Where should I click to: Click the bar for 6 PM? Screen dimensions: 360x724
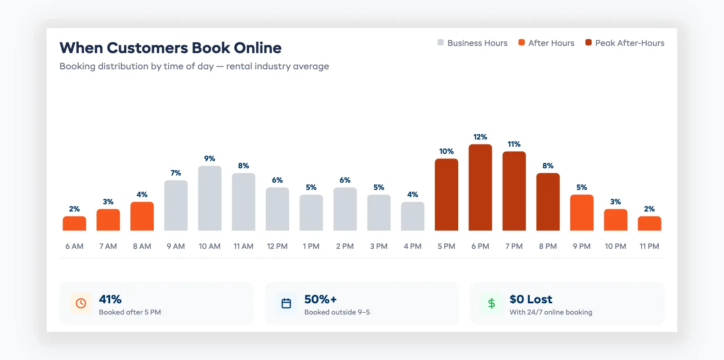click(x=480, y=188)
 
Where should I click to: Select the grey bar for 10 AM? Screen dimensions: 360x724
click(x=210, y=198)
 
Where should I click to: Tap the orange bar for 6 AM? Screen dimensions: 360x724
click(x=74, y=224)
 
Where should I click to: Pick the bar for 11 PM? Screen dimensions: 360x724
click(x=649, y=224)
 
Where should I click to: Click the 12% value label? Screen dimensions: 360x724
click(x=480, y=137)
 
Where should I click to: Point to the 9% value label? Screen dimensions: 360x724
click(x=210, y=158)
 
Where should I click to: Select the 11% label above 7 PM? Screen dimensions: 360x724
click(x=514, y=144)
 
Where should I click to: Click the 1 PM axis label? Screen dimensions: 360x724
click(x=311, y=246)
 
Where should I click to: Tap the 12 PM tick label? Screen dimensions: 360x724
click(x=277, y=246)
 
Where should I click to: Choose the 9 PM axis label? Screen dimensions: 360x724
click(x=581, y=246)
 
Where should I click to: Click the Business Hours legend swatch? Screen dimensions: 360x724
click(x=441, y=43)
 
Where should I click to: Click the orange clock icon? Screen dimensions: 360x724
click(x=81, y=303)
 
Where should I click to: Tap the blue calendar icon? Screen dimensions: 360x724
click(x=286, y=303)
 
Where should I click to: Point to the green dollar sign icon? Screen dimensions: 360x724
click(x=492, y=303)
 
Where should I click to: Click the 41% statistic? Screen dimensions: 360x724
click(x=110, y=299)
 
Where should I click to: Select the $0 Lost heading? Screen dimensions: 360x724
click(x=531, y=299)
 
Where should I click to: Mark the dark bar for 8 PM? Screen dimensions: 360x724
click(x=548, y=202)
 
